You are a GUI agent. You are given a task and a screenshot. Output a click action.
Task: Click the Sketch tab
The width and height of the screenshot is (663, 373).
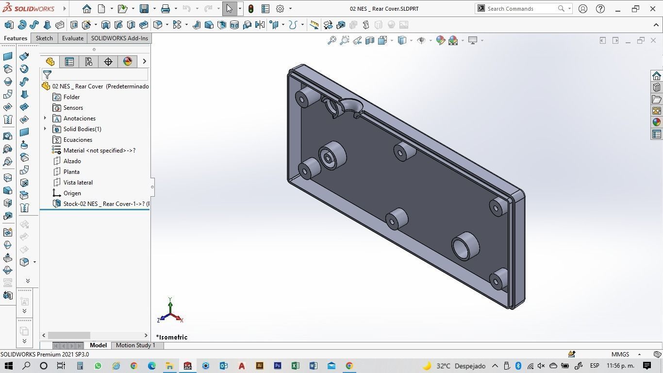pos(44,38)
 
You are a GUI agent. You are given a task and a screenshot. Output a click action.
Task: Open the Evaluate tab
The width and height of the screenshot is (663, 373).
pos(72,38)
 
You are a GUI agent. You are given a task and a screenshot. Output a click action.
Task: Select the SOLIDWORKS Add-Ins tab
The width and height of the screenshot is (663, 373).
pos(119,38)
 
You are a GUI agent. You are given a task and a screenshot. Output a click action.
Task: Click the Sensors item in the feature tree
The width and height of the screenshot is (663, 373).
pos(73,108)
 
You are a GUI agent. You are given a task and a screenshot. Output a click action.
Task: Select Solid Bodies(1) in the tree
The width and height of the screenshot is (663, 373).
pos(82,129)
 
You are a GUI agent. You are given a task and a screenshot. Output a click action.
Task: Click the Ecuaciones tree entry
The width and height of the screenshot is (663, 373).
pos(78,140)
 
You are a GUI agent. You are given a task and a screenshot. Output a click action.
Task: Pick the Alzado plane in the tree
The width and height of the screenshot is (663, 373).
pos(72,161)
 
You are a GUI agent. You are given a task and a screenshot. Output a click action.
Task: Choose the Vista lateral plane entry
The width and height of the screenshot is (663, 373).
pos(78,183)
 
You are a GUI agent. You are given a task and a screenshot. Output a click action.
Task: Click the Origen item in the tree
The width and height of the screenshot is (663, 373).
pos(72,193)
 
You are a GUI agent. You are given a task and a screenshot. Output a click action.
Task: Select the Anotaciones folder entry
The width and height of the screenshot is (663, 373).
pos(79,119)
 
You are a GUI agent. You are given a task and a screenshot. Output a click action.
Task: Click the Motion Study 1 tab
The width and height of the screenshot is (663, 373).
pos(135,345)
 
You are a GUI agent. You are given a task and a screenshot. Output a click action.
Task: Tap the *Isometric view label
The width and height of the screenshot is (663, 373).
pos(172,337)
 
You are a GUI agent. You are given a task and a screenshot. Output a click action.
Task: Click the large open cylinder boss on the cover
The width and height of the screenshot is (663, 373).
pos(465,246)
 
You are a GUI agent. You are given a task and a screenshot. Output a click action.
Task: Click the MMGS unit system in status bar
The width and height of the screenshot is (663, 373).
pos(620,355)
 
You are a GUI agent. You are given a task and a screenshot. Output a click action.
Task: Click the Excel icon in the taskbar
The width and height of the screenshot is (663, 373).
pos(295,366)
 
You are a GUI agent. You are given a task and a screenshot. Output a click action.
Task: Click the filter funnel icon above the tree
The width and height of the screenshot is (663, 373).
pos(47,74)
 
